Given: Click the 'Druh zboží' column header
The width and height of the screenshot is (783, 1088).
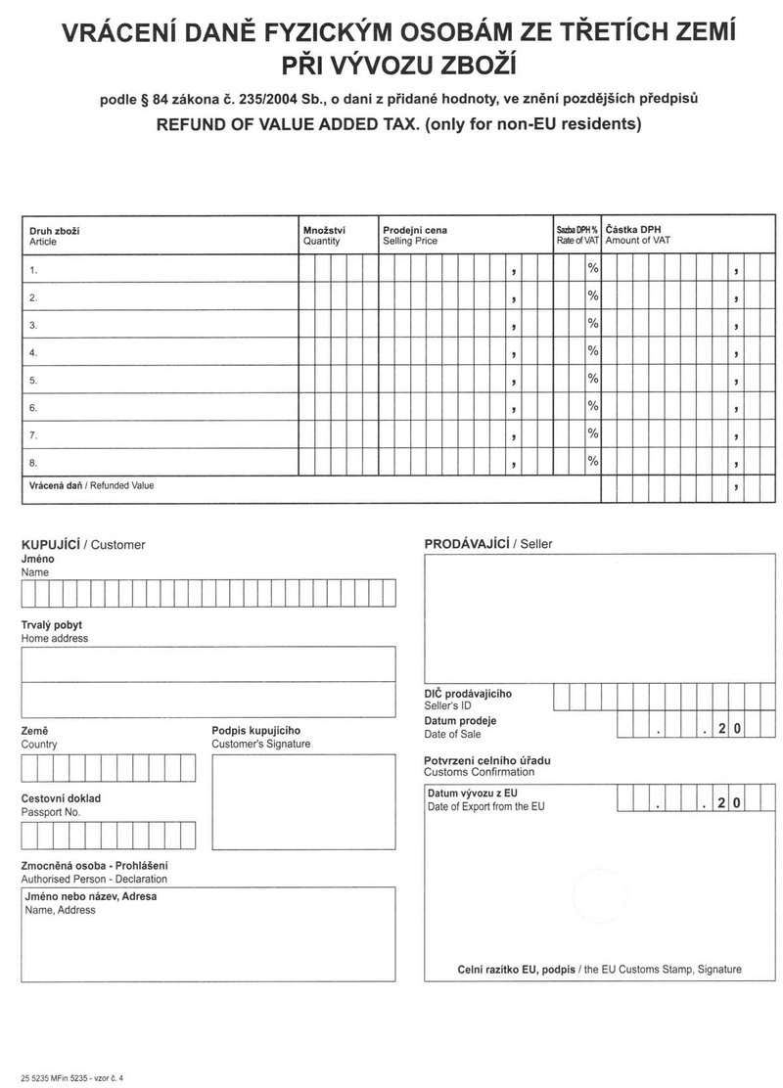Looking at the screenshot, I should pos(55,230).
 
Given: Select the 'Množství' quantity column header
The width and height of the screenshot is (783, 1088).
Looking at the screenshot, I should pos(324,230).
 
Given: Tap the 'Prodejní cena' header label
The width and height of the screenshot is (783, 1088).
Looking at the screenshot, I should pos(415,230).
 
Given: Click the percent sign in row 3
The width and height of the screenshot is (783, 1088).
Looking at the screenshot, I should pos(592,323).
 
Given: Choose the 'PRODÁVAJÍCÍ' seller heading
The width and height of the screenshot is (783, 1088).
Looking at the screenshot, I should pos(467,544).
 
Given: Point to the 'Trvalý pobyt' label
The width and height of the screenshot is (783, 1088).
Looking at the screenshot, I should pos(52,624).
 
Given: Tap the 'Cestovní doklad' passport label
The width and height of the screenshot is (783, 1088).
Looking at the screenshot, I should pos(61,798).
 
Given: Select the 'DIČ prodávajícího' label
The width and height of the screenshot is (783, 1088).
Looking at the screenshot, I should pos(468,694).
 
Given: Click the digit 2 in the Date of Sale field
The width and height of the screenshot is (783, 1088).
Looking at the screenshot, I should pos(721,726).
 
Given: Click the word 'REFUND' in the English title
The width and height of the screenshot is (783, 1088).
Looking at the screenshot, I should pos(194,125).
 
